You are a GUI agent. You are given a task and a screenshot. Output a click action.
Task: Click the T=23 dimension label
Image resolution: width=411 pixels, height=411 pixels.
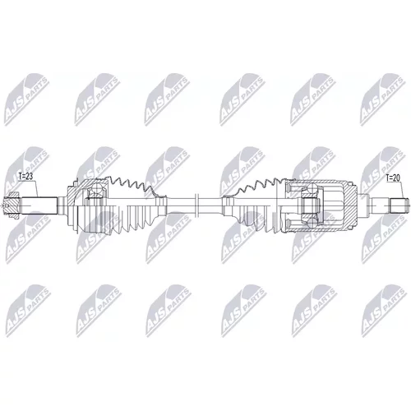coord(25,177)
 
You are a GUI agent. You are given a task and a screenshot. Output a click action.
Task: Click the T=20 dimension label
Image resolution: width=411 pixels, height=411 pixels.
coord(393,178)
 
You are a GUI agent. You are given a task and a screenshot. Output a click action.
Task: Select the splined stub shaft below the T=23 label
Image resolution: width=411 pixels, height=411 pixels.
coord(39,205)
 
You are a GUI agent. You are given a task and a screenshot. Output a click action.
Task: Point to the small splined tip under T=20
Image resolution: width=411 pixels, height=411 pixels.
coord(400,205)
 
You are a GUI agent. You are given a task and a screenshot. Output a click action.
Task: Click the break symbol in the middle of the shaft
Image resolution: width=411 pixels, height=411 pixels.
coord(196,205)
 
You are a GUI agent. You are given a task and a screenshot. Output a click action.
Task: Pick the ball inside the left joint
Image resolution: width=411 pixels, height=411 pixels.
coord(95,189)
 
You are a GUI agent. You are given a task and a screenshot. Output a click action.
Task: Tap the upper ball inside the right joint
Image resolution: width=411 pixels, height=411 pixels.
coord(312,189)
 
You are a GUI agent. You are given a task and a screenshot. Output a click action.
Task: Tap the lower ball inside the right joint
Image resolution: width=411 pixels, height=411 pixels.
coord(312,222)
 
